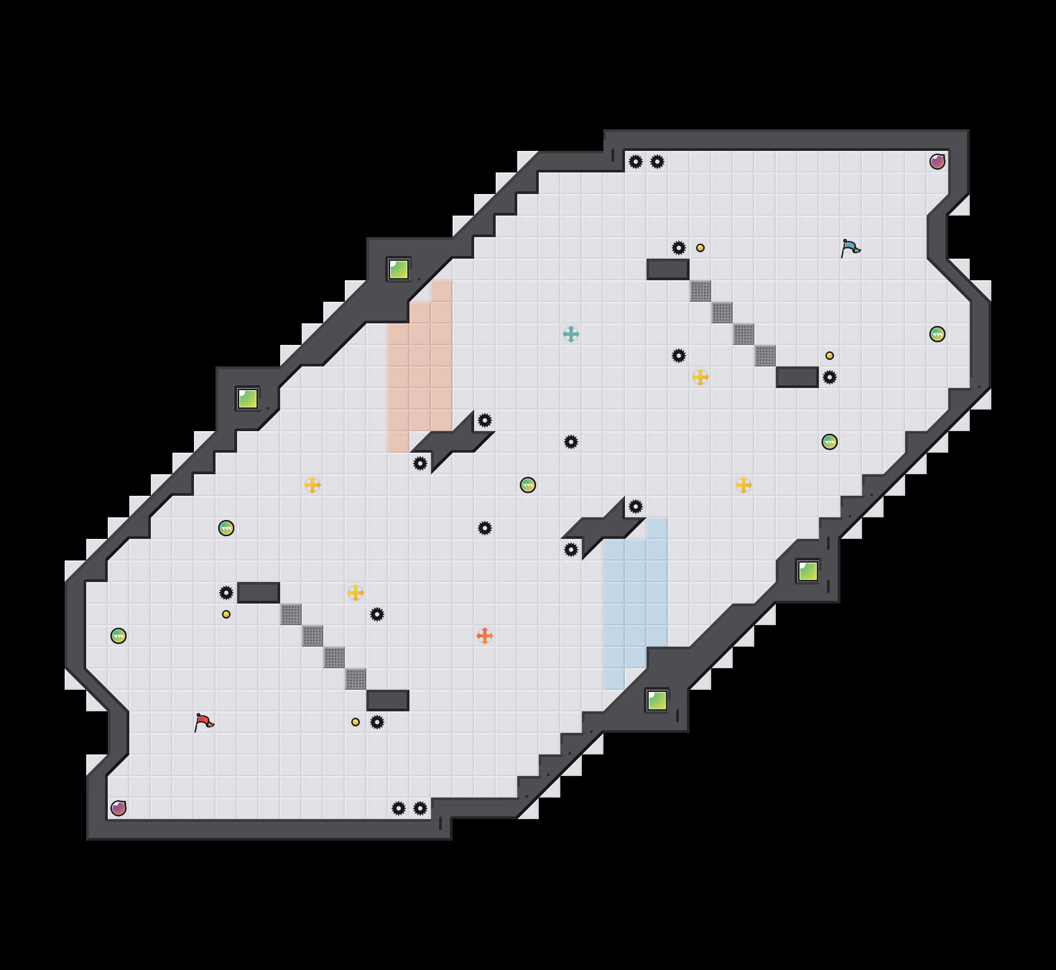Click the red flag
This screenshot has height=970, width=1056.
point(204,722)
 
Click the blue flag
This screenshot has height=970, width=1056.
point(850,248)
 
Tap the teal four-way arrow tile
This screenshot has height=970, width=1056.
point(571,334)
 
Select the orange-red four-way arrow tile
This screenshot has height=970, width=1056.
point(485,636)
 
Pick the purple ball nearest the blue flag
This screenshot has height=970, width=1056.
point(937,162)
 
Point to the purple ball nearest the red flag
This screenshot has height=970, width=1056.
point(119,808)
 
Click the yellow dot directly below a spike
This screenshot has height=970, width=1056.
point(226,614)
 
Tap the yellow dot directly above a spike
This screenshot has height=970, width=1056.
point(830,356)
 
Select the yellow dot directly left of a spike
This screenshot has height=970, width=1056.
point(356,722)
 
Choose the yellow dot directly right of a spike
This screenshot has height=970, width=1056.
point(700,248)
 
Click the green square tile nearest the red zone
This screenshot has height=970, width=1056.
point(399,269)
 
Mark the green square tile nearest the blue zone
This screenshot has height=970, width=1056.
point(657,701)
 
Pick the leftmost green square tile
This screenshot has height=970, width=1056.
point(248,399)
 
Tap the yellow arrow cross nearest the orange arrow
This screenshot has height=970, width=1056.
point(356,593)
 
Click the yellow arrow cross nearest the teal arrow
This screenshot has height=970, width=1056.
point(700,377)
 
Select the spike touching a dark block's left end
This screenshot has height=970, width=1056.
point(226,593)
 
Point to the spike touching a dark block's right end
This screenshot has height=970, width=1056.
point(830,377)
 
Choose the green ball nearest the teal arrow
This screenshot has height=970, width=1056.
point(528,485)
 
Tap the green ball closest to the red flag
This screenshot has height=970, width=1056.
point(119,636)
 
